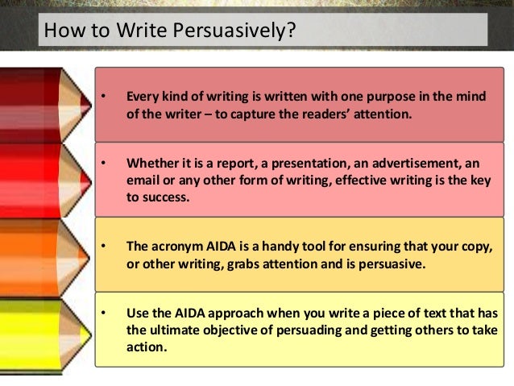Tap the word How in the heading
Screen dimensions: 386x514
point(60,31)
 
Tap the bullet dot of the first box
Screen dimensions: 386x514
point(103,98)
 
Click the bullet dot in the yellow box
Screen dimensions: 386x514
point(103,313)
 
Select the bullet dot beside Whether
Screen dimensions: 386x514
point(103,163)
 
